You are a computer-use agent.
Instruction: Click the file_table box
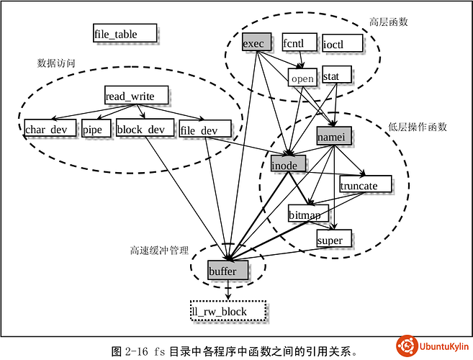(x=125, y=32)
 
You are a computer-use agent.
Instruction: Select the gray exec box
(x=256, y=43)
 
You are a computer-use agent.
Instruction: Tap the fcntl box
(x=297, y=43)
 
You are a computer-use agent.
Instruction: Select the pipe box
(x=96, y=130)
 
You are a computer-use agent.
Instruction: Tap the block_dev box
(x=143, y=130)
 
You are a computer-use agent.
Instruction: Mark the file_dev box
(x=204, y=130)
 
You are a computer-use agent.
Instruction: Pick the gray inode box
(x=288, y=164)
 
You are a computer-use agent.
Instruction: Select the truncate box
(x=366, y=184)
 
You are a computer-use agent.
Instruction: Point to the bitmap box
(x=308, y=214)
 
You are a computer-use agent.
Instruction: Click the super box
(x=334, y=239)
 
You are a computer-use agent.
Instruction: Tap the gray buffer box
(x=228, y=271)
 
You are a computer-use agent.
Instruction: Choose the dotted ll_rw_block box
(x=228, y=311)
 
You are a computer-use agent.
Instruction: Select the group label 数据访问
(x=57, y=62)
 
